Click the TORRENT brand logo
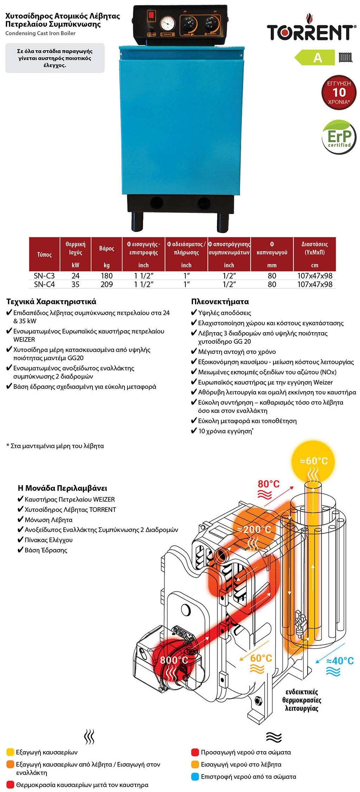point(310,31)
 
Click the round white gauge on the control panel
point(167,24)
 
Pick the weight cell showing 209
point(107,284)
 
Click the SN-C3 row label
point(44,276)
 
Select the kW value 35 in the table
point(76,284)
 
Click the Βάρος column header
point(107,249)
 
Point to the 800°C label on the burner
point(174,660)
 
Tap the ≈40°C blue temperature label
point(340,661)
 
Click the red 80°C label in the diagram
point(269,484)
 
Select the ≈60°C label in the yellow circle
point(314,461)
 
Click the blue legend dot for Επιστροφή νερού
point(195,777)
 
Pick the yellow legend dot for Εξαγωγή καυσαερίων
point(10,752)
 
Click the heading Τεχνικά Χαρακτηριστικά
point(51,301)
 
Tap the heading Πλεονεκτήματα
point(220,301)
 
